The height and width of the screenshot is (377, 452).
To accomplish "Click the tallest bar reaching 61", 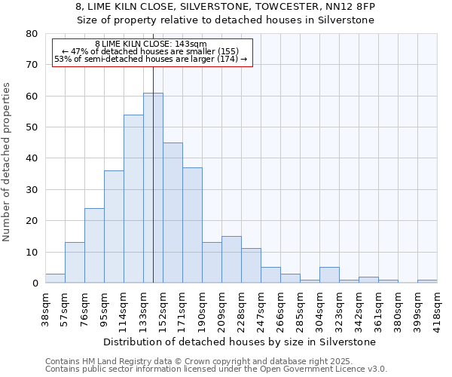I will coord(153,188).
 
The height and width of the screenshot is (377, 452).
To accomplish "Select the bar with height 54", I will coord(133,199).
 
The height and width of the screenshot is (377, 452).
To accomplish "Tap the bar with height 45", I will coord(173,213).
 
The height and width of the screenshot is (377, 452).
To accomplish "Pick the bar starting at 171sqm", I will coord(192,225).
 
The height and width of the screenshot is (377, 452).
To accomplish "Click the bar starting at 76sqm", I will coord(94,246).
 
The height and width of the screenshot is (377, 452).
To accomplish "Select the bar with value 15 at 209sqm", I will coord(231,259).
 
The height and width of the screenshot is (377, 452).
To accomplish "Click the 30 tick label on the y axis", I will coord(32,190).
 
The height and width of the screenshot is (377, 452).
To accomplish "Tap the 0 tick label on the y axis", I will coord(35,284).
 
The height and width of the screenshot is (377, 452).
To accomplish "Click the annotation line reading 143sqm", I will coord(151,44).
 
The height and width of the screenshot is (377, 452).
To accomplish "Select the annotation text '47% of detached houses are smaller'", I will coord(150,52).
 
